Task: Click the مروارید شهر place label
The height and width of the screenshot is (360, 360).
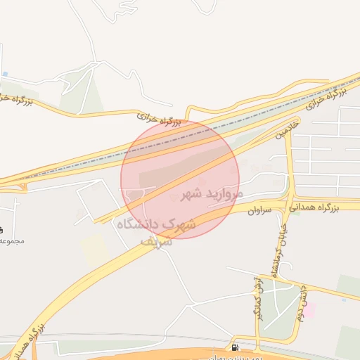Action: tap(211, 193)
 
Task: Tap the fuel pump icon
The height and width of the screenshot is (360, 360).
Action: tap(234, 347)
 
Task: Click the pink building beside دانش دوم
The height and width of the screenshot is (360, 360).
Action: tap(309, 309)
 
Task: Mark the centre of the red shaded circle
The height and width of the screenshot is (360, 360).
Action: tap(180, 179)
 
